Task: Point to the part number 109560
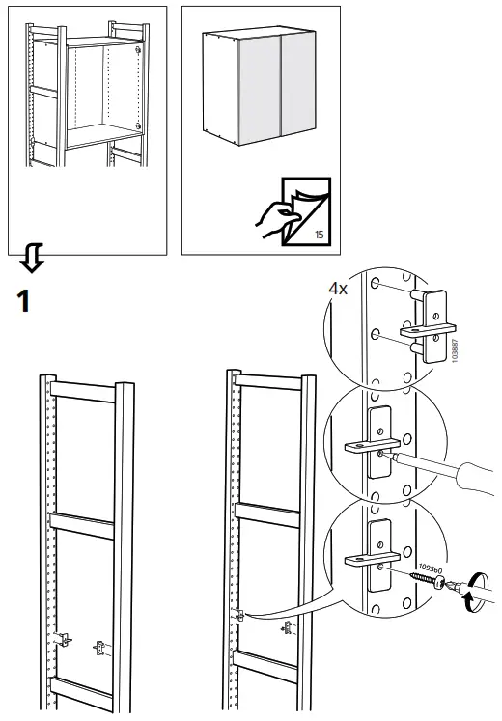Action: [x=431, y=575]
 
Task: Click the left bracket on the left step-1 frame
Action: [x=64, y=638]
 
